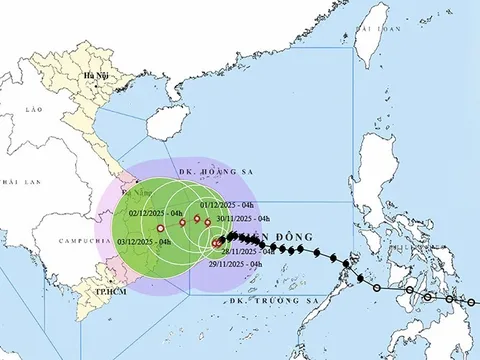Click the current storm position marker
pos(217,243)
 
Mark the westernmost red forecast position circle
pos(160,230)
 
